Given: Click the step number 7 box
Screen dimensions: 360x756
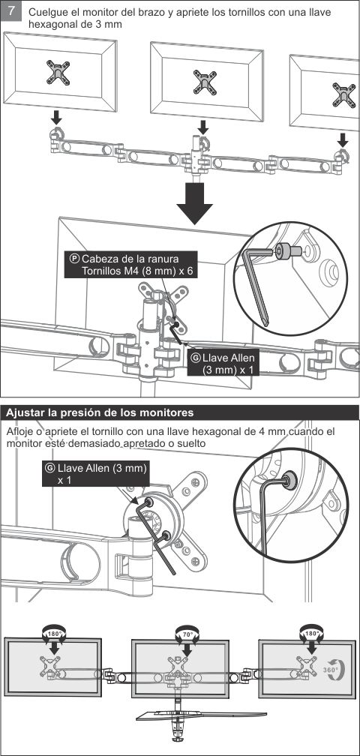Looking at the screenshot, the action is click(x=11, y=11).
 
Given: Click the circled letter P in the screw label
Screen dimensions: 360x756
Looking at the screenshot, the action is click(x=73, y=258).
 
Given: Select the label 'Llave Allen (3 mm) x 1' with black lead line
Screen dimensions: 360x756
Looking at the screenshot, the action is click(x=223, y=364).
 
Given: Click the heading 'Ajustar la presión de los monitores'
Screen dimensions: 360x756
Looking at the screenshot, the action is click(x=100, y=412).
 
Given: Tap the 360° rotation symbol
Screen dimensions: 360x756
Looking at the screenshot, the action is click(x=331, y=670).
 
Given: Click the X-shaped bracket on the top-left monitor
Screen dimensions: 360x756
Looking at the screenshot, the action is click(x=58, y=72).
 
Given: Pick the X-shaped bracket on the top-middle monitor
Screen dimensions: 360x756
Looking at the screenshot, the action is click(x=205, y=82).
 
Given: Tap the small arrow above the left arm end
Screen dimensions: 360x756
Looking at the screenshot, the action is click(x=57, y=117).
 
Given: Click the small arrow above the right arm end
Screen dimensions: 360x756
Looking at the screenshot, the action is click(x=343, y=140).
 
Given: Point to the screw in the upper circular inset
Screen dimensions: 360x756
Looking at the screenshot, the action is click(x=286, y=250).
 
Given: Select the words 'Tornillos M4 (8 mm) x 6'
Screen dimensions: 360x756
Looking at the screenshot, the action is click(x=136, y=271).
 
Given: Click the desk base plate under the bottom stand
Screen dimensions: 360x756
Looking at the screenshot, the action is click(x=202, y=713).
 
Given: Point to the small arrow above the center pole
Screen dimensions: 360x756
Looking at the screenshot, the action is click(x=203, y=127).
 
